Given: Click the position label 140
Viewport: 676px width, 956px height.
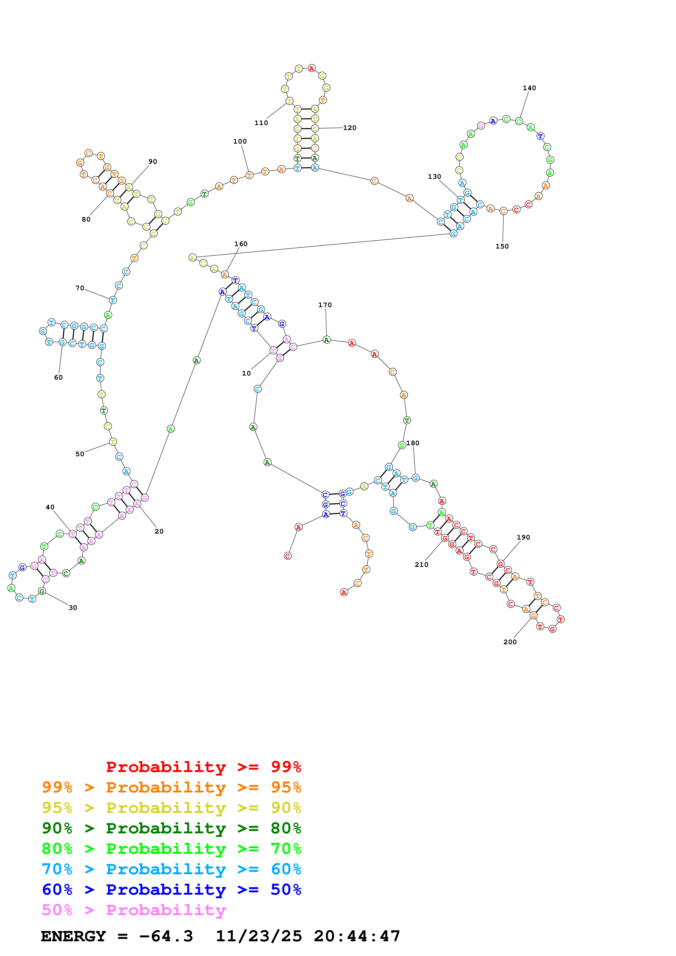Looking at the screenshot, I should click(529, 88).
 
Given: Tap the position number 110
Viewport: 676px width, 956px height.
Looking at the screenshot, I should click(261, 123).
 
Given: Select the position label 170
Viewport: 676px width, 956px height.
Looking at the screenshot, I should click(325, 305).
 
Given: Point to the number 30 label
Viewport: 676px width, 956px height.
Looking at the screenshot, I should click(73, 607).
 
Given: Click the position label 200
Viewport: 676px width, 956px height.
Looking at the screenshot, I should click(510, 642).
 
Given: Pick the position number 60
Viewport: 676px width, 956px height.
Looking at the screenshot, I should click(58, 377).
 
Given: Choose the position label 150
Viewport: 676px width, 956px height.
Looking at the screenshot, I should click(502, 246).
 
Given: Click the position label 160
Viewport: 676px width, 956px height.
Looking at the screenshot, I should click(241, 244).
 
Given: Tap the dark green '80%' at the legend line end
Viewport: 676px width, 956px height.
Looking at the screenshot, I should click(286, 828).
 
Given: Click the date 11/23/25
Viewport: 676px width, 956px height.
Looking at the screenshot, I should click(258, 936).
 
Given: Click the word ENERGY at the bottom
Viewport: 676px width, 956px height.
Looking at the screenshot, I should click(73, 936).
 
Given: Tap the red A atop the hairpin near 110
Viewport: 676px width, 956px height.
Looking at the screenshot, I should click(312, 68).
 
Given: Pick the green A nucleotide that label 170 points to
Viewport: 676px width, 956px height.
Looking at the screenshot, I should click(326, 340).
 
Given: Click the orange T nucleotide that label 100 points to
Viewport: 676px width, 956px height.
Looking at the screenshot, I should click(249, 175).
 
